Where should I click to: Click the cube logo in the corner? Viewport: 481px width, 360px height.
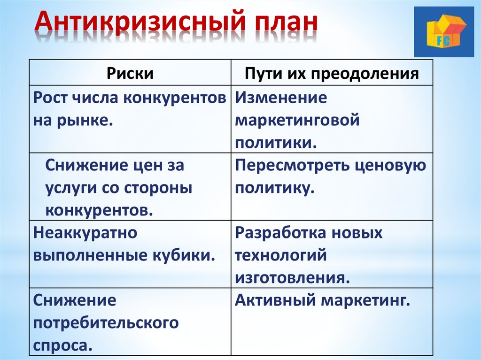[443, 32]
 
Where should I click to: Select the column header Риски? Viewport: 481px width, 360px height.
[130, 74]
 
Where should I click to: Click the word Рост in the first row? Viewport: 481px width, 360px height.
[50, 98]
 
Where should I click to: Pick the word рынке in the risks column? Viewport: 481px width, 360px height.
[85, 121]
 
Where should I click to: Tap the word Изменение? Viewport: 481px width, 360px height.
[281, 98]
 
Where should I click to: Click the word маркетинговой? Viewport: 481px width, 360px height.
[297, 121]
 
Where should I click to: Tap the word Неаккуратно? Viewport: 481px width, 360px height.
[85, 233]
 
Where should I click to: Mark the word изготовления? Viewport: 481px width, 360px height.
[293, 278]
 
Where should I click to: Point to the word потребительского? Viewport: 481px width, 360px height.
[106, 323]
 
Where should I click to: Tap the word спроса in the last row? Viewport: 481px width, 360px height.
[63, 346]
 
